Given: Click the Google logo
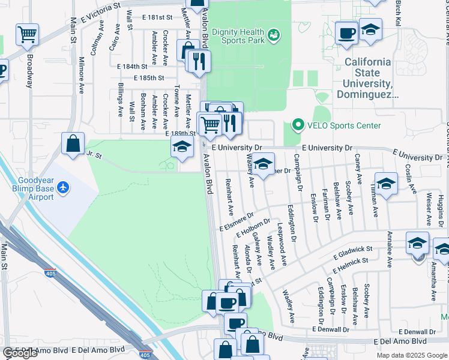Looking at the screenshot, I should point(20,353).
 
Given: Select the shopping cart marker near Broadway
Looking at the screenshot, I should point(27,34).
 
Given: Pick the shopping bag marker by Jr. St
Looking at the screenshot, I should point(73,143).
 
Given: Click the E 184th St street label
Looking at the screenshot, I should point(132,67).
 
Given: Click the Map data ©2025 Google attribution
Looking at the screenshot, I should point(412,355).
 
